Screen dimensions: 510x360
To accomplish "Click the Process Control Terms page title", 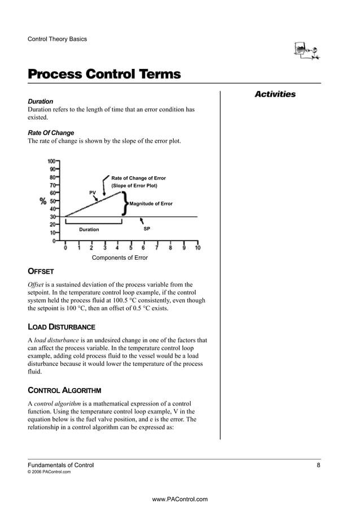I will coord(104,75).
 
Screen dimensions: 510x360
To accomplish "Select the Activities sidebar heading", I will coord(275,94).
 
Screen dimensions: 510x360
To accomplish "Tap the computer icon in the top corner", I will coord(307,51).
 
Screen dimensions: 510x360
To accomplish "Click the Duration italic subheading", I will coord(41,101).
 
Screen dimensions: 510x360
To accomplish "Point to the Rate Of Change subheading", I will coord(51,133).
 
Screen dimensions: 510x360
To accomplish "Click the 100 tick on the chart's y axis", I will coord(52,161).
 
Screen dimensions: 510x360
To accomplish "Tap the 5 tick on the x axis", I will coord(131,247).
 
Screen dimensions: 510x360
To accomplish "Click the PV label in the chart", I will coord(93,193).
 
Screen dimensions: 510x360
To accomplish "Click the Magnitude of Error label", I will coord(151,203).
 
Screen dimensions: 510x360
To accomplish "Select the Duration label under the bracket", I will coord(89,229).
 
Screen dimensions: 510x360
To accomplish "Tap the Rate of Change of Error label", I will coord(138,178).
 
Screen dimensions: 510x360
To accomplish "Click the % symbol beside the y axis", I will coord(43,202).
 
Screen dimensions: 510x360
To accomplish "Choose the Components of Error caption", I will coord(120,258).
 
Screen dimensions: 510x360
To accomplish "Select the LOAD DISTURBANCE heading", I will coord(62,327).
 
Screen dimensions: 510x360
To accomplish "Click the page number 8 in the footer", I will coord(318,465).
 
